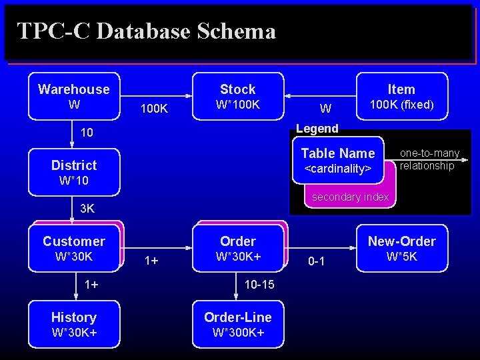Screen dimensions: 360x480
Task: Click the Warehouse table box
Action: tap(74, 97)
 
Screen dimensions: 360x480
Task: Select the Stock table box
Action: tap(238, 97)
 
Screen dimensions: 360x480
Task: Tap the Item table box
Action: tap(401, 97)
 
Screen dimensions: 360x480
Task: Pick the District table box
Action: tap(74, 172)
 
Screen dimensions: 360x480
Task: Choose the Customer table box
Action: tap(74, 248)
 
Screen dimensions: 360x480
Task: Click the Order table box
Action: tap(238, 248)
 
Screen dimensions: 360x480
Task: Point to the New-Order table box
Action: tap(401, 248)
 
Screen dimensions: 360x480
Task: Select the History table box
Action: tap(74, 324)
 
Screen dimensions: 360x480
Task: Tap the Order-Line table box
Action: tap(238, 324)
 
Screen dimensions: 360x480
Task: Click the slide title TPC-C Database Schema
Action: tap(146, 31)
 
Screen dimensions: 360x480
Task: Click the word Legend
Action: tap(317, 128)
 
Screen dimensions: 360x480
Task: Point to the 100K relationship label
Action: tap(154, 108)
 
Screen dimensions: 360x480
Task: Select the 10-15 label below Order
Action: tap(259, 285)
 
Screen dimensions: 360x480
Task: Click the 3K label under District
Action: tap(87, 209)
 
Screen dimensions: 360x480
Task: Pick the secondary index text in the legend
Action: tap(350, 197)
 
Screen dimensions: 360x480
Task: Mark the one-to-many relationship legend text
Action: tap(429, 159)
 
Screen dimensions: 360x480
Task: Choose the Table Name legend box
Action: tap(338, 160)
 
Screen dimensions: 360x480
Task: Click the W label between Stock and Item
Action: tap(325, 108)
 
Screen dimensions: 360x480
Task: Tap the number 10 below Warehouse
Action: tap(87, 133)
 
